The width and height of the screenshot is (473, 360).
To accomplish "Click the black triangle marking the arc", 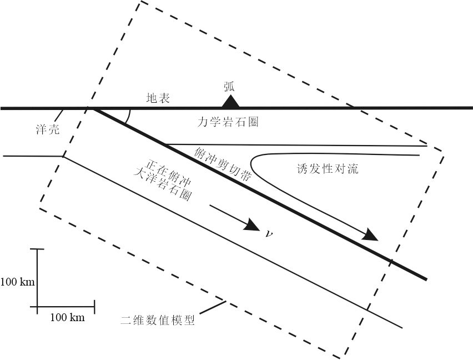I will pyautogui.click(x=230, y=101).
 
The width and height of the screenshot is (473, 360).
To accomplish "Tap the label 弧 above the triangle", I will pyautogui.click(x=230, y=86).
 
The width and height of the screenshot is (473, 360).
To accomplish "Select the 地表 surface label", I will pyautogui.click(x=158, y=98).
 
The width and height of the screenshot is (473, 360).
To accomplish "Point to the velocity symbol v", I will pyautogui.click(x=269, y=233).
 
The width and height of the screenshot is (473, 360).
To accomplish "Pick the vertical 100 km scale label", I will pyautogui.click(x=17, y=282).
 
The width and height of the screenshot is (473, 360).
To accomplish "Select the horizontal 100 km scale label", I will pyautogui.click(x=67, y=318).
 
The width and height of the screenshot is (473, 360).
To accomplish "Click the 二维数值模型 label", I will pyautogui.click(x=158, y=321).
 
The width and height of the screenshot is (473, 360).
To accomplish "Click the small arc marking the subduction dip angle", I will pyautogui.click(x=129, y=116).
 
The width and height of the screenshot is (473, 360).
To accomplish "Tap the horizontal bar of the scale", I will pyautogui.click(x=66, y=306).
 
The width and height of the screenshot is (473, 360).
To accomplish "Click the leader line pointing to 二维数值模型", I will pyautogui.click(x=213, y=307).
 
